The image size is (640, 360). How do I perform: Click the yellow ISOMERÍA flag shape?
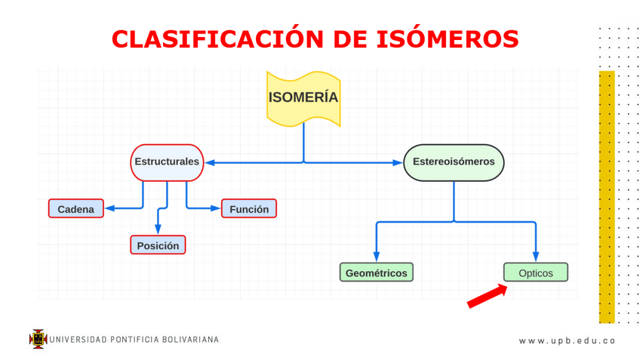pyautogui.click(x=303, y=98)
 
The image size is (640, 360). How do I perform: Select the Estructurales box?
pyautogui.click(x=167, y=162)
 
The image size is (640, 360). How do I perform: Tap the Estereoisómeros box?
pyautogui.click(x=454, y=162)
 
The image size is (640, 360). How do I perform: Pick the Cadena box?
pyautogui.click(x=76, y=209)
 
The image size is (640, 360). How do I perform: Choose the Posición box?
pyautogui.click(x=158, y=245)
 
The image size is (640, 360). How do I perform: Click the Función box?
pyautogui.click(x=249, y=209)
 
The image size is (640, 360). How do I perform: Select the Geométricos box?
pyautogui.click(x=377, y=272)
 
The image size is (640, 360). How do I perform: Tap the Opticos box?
pyautogui.click(x=535, y=272)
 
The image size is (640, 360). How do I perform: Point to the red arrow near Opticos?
pyautogui.click(x=487, y=296)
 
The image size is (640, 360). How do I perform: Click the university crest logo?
pyautogui.click(x=38, y=339)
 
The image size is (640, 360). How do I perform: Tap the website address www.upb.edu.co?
pyautogui.click(x=567, y=340)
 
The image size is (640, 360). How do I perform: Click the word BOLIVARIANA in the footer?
pyautogui.click(x=190, y=340)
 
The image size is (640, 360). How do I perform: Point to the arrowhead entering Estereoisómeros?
pyautogui.click(x=398, y=162)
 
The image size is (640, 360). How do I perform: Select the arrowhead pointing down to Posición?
pyautogui.click(x=158, y=230)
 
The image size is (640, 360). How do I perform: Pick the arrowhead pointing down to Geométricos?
pyautogui.click(x=377, y=257)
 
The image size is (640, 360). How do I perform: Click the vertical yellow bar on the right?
pyautogui.click(x=606, y=196)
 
